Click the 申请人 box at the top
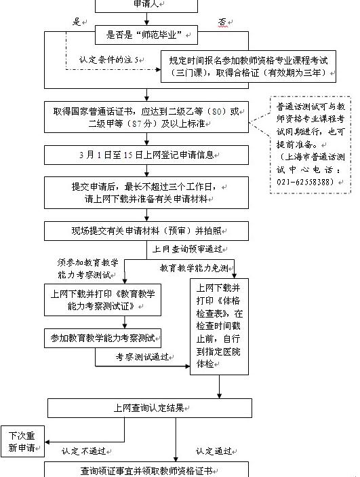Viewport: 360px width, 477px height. click(x=146, y=5)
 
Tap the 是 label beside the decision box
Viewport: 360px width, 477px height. click(x=77, y=21)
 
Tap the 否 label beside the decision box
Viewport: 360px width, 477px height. click(x=222, y=22)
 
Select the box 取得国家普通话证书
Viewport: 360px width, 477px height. click(x=146, y=117)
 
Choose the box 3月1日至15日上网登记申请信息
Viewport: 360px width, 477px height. click(x=146, y=155)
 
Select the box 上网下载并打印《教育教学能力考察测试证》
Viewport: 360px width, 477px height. click(x=102, y=301)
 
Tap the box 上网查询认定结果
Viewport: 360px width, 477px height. click(x=149, y=408)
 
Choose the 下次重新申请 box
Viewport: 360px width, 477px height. click(x=22, y=441)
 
